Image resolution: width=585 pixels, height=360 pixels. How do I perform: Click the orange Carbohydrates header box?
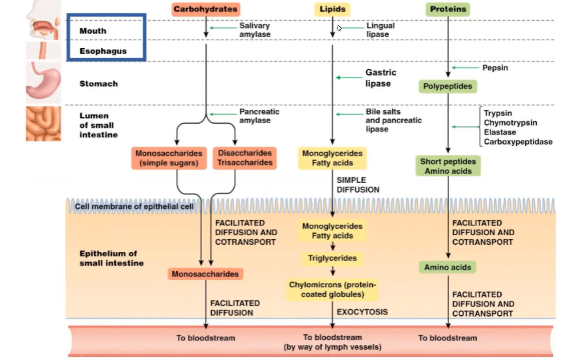pos(206,9)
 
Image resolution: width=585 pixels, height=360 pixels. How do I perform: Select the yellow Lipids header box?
pos(332,9)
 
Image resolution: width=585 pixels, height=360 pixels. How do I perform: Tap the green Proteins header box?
pos(448,9)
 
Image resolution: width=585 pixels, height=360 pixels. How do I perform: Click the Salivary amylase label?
pos(255,30)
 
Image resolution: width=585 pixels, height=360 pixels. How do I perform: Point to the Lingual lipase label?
pos(380,30)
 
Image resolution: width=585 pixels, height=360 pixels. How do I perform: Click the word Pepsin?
pos(495,68)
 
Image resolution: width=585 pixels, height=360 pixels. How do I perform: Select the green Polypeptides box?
pos(447,86)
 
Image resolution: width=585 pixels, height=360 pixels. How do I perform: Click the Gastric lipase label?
pos(381,78)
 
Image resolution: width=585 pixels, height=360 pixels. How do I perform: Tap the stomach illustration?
pos(43,82)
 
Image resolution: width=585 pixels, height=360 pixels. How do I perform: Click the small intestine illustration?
pos(43,123)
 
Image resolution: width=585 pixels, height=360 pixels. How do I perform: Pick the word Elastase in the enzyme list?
pos(500,132)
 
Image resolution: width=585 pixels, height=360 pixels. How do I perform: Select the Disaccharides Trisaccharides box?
pos(245,158)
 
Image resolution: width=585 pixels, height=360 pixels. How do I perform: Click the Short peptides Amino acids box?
pos(448,166)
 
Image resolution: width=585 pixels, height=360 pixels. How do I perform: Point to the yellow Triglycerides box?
pos(332,258)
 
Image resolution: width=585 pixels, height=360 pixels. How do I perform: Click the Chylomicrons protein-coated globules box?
pos(332,289)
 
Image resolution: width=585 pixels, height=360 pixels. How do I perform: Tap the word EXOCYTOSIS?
pos(362,312)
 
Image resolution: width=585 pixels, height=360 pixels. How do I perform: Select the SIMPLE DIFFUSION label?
pos(358,185)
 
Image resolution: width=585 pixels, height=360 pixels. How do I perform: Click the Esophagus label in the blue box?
pos(103,51)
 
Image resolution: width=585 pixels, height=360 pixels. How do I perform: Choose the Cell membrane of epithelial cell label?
pos(134,206)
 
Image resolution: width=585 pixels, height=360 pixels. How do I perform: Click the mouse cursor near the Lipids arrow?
pos(339,28)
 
